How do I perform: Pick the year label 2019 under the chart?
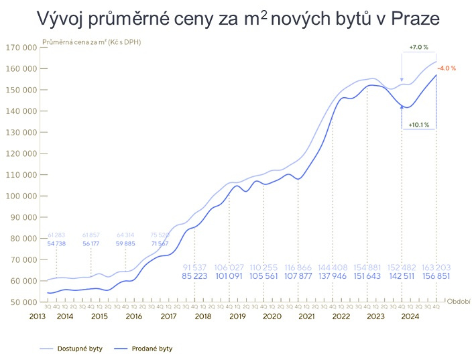click(x=238, y=316)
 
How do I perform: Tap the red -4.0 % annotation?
click(x=447, y=68)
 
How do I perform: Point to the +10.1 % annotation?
click(x=419, y=124)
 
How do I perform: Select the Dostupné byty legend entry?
click(x=78, y=349)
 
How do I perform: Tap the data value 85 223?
click(x=194, y=276)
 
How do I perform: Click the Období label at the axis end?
click(x=459, y=302)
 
